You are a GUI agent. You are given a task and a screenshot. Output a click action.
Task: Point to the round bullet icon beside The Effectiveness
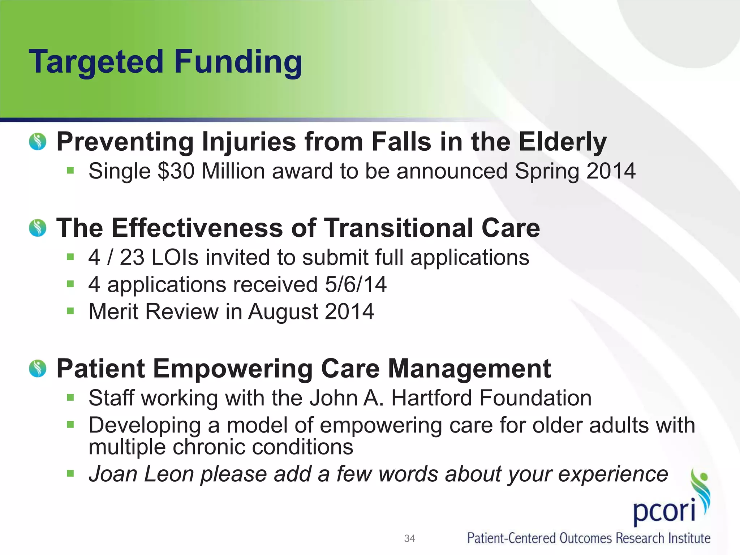tap(38, 228)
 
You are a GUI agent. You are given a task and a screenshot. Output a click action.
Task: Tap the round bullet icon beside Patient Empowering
tap(38, 369)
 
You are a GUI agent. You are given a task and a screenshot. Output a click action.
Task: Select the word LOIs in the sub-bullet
tap(175, 258)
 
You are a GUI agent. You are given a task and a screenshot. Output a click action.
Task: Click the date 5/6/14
tap(356, 284)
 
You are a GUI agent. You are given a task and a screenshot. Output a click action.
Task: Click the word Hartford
tap(431, 398)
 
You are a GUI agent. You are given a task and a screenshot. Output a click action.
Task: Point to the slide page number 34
tap(409, 538)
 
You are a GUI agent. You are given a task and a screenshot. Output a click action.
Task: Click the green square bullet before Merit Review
tap(70, 311)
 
